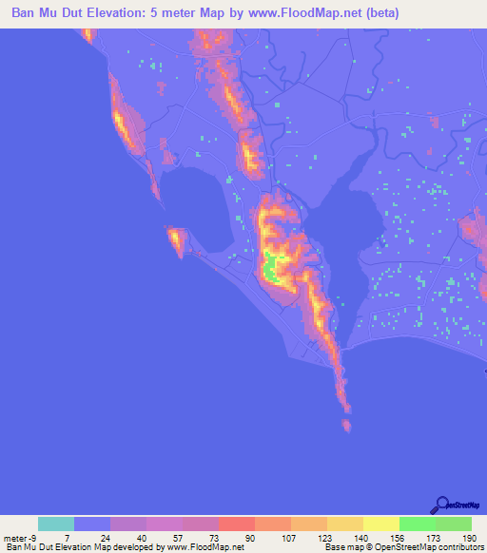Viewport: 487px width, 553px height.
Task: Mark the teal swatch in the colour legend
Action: (56, 524)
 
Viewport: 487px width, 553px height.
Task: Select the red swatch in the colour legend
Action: (237, 524)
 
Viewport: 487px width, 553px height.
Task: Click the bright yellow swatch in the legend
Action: (381, 524)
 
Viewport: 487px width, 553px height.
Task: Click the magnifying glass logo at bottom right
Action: (442, 505)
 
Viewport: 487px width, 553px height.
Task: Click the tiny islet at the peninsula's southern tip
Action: (346, 425)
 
